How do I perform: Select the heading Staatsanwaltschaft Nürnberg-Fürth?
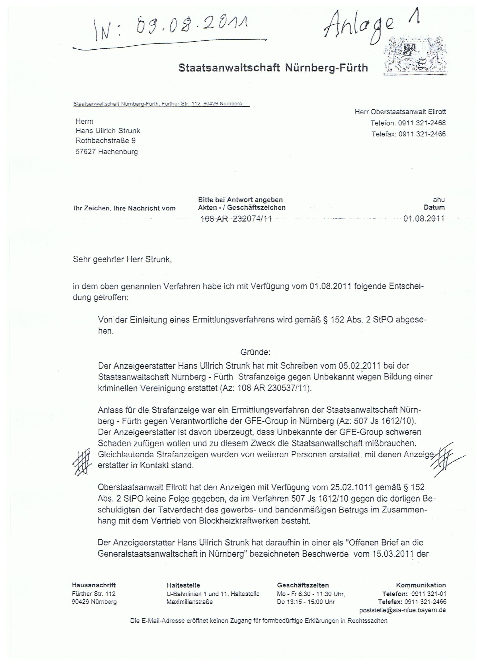273,68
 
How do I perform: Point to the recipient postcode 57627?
86,152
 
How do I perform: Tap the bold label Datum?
434,207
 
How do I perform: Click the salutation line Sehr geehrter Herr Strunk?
122,260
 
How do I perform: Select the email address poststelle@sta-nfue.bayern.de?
403,610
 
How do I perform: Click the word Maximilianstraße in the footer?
190,602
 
